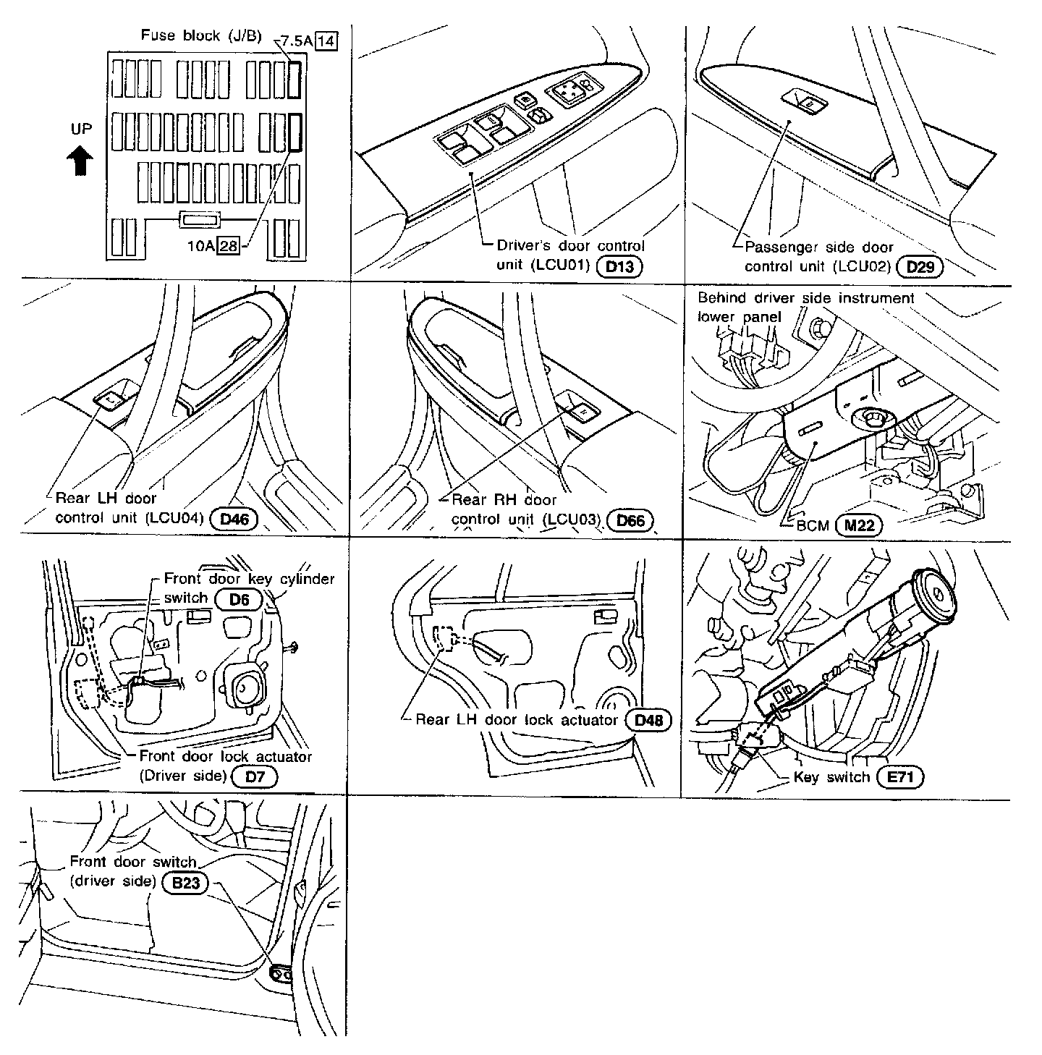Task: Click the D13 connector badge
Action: pos(619,267)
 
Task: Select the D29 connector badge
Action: pos(920,267)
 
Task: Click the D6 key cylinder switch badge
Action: pos(238,599)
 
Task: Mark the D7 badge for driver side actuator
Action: pos(253,776)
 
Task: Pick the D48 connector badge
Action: pos(648,720)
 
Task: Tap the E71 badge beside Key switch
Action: pos(899,777)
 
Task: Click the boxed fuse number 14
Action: pos(326,41)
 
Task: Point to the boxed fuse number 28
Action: pos(229,246)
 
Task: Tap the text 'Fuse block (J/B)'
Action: pos(201,35)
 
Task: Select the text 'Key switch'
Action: pos(831,777)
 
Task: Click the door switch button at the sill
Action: pos(280,975)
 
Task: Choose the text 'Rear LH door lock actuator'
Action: pos(517,720)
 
